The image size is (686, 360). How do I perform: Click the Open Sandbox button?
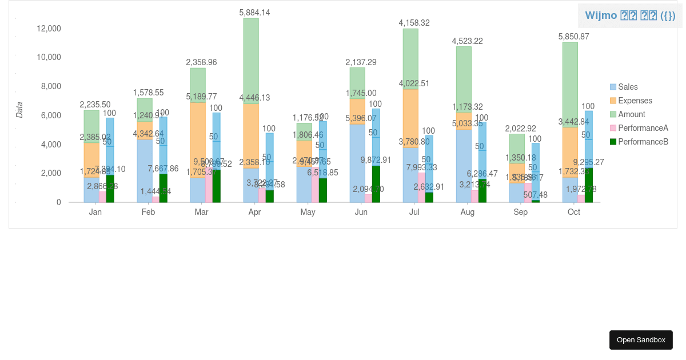coord(641,340)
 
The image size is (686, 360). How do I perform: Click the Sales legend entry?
coord(627,87)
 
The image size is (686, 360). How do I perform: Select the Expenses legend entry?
coord(635,101)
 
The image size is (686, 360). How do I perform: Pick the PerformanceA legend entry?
coord(643,128)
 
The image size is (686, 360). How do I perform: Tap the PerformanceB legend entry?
coord(643,142)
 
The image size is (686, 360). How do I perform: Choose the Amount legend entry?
coord(631,114)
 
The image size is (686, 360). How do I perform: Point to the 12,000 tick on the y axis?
coord(49,29)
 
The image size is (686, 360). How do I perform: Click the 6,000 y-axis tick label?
coord(50,115)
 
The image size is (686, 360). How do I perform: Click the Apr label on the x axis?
coord(254,212)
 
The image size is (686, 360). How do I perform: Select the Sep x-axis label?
coord(520,212)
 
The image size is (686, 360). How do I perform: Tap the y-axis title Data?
coord(19,110)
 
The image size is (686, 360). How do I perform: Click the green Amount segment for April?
coord(251,60)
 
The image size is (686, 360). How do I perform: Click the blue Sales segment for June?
coord(357,163)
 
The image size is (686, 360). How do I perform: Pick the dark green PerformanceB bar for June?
coord(376,184)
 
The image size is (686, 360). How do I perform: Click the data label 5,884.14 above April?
coord(254,13)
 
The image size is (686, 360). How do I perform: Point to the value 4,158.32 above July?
coord(414,23)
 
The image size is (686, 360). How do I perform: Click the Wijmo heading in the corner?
coord(629,15)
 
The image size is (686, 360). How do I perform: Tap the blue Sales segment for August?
coord(464,166)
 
